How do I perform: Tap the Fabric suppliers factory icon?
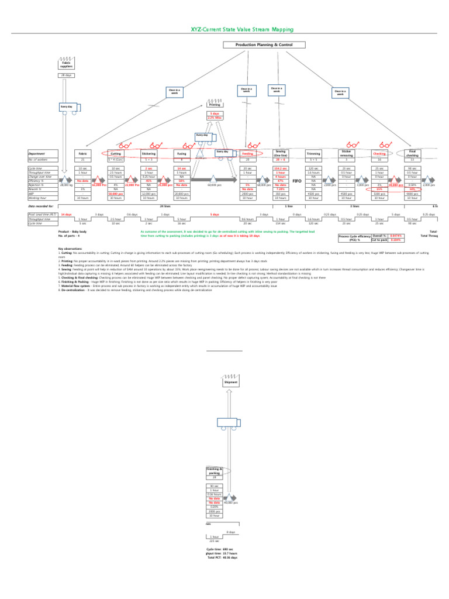[x=66, y=63]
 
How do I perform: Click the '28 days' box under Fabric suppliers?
[x=66, y=75]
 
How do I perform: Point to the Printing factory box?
[x=215, y=104]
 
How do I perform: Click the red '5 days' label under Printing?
[x=215, y=113]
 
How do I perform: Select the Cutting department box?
[x=116, y=153]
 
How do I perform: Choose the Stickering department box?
[x=148, y=153]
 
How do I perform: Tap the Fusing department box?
[x=182, y=153]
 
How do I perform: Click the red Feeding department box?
[x=248, y=153]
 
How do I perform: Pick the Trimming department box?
[x=313, y=153]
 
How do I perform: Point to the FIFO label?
[x=296, y=181]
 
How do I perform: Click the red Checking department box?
[x=379, y=153]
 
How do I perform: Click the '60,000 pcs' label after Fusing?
[x=215, y=184]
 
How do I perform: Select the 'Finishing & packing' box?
[x=215, y=471]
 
